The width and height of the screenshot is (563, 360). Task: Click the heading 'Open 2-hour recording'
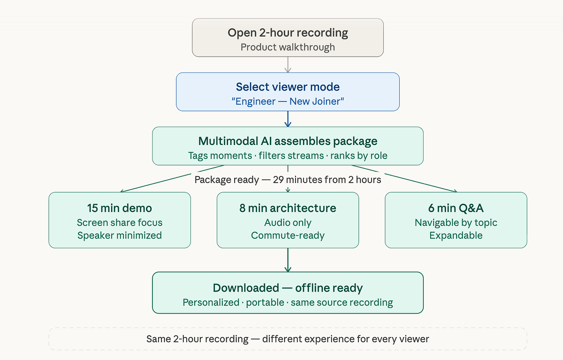point(288,33)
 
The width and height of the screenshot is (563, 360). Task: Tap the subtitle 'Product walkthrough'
point(288,47)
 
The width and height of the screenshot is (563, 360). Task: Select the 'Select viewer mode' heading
point(288,87)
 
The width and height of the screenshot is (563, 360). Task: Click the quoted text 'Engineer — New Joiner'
point(288,101)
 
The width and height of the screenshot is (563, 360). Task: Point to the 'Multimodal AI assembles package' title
point(288,141)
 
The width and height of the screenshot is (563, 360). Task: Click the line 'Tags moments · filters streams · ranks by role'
point(288,155)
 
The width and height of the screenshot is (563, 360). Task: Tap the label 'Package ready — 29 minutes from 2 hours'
point(288,180)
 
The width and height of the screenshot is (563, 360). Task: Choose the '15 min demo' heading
point(120,208)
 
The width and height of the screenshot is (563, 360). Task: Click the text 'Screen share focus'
point(120,222)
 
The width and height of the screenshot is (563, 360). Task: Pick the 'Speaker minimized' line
point(120,235)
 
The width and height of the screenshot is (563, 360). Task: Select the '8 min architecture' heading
point(288,208)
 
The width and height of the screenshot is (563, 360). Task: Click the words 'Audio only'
point(288,222)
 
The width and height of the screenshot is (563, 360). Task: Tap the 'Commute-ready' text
point(288,235)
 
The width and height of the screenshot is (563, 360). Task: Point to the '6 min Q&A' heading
point(456,208)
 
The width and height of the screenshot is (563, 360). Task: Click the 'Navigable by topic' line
point(456,222)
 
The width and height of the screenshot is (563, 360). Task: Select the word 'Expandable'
point(456,235)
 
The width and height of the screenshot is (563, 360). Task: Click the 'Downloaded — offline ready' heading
point(288,288)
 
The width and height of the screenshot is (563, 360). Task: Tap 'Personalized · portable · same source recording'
point(288,302)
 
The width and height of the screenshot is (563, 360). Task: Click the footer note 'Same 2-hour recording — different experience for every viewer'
point(288,339)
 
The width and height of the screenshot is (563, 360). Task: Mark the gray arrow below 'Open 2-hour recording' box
point(288,65)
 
